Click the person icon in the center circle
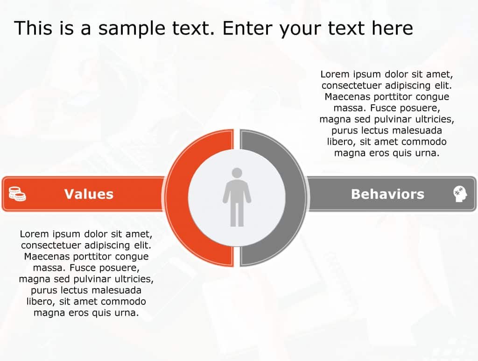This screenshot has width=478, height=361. tap(237, 199)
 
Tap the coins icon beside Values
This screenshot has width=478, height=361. tap(17, 194)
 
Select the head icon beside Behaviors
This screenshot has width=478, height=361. tap(460, 194)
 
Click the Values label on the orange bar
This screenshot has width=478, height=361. tap(89, 194)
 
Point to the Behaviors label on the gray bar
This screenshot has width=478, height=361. tap(387, 194)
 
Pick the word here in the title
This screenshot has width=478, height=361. tap(392, 28)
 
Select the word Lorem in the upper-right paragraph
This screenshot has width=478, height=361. tap(334, 74)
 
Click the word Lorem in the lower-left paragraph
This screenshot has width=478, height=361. tap(34, 234)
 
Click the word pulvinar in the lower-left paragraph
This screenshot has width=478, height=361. tap(92, 279)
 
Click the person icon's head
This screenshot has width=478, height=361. tap(237, 173)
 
